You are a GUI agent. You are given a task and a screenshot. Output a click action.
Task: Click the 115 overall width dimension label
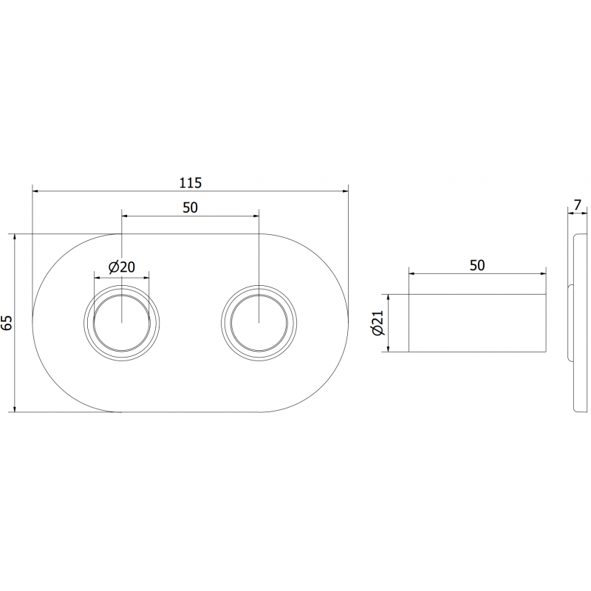pyautogui.click(x=190, y=182)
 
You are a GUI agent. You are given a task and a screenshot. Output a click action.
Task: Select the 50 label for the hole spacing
pyautogui.click(x=190, y=208)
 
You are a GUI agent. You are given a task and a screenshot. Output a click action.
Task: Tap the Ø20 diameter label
pyautogui.click(x=121, y=267)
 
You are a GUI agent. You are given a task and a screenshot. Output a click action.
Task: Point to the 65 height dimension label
pyautogui.click(x=7, y=322)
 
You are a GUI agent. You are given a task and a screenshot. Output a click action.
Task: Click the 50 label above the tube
pyautogui.click(x=476, y=265)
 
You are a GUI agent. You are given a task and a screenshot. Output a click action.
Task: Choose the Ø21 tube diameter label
pyautogui.click(x=378, y=323)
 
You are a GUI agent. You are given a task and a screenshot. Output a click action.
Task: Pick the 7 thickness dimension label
pyautogui.click(x=577, y=204)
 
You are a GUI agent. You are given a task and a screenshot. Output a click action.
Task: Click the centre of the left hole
pyautogui.click(x=122, y=322)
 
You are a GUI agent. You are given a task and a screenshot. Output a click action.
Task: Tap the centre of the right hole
pyautogui.click(x=259, y=322)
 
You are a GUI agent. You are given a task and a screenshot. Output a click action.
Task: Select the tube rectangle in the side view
pyautogui.click(x=478, y=323)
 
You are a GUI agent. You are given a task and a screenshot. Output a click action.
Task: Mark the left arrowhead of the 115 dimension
pyautogui.click(x=36, y=191)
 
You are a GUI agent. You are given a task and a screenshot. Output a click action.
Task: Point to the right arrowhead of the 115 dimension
pyautogui.click(x=344, y=191)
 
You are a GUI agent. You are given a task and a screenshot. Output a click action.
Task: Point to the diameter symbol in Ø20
pyautogui.click(x=114, y=267)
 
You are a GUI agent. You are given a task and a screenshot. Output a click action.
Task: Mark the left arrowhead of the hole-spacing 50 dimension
pyautogui.click(x=126, y=216)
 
